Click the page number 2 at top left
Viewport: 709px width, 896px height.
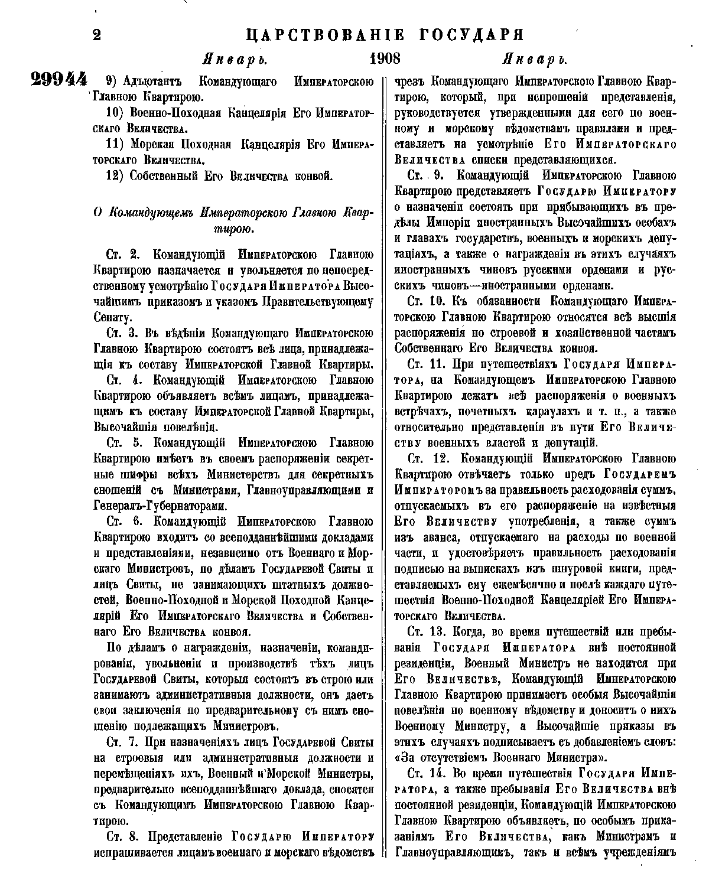(x=96, y=35)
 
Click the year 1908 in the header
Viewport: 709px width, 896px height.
(x=385, y=59)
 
